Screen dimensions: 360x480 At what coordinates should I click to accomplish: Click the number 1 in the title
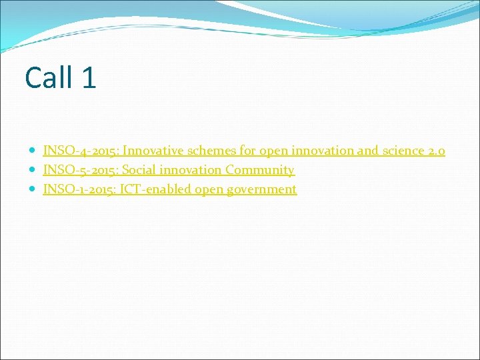point(89,77)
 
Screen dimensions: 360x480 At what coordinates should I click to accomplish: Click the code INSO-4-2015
point(81,151)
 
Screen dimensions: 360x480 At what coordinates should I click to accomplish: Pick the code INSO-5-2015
point(81,170)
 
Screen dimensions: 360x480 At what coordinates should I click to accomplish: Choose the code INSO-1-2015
point(79,189)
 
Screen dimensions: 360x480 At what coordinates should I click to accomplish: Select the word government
point(262,190)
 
